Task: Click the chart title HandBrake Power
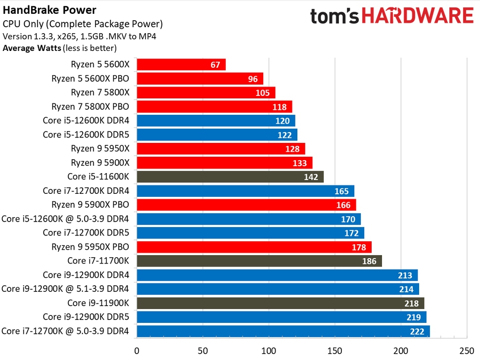(x=49, y=10)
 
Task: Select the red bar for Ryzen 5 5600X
(x=181, y=65)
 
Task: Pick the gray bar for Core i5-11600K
(x=230, y=177)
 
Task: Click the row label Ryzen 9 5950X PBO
(x=90, y=247)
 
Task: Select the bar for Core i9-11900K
(x=280, y=303)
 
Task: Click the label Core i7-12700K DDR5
(x=86, y=233)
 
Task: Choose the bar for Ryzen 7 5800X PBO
(x=214, y=107)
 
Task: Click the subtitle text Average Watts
(x=32, y=48)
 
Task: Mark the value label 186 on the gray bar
(x=369, y=261)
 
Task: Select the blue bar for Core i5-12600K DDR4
(x=215, y=121)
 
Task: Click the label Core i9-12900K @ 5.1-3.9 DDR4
(x=65, y=289)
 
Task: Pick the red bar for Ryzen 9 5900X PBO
(x=246, y=205)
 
